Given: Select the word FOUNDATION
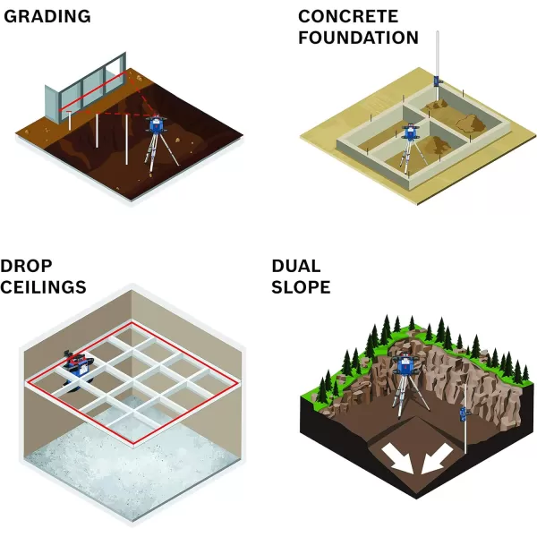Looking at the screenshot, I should point(358,38).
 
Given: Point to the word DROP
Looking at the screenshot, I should point(28,266).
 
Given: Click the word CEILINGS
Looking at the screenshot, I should point(43,287).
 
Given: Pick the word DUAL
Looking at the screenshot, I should point(297,266).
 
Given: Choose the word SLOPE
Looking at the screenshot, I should point(301,287).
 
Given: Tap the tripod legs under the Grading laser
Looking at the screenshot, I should point(157,152).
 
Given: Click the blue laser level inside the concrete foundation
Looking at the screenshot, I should point(411,132).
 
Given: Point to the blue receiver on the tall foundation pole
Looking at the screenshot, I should point(438,81).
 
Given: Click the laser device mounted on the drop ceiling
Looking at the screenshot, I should point(77,362).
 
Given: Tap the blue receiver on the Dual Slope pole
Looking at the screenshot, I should point(464,413).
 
